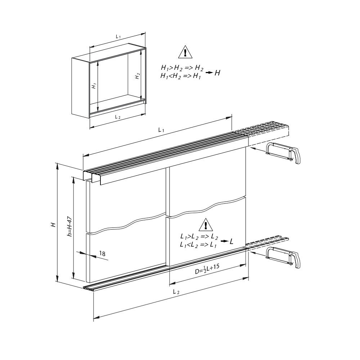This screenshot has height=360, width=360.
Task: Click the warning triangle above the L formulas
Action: (205, 225)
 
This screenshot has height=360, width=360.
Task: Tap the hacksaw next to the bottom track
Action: (284, 258)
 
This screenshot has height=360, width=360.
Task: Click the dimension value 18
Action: (102, 254)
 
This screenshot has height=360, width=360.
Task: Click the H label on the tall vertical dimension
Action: (53, 225)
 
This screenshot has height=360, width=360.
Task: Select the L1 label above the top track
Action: (161, 131)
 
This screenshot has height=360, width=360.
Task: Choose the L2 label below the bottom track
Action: (176, 292)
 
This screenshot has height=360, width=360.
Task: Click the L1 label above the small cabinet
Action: (118, 37)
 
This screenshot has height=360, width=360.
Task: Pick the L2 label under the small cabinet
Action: (118, 117)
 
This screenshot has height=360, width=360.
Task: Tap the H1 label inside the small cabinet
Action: (94, 86)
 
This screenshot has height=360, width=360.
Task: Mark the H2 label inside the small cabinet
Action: (137, 76)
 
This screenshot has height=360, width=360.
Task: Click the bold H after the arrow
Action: (217, 73)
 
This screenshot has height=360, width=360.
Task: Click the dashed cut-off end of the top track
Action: (268, 131)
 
